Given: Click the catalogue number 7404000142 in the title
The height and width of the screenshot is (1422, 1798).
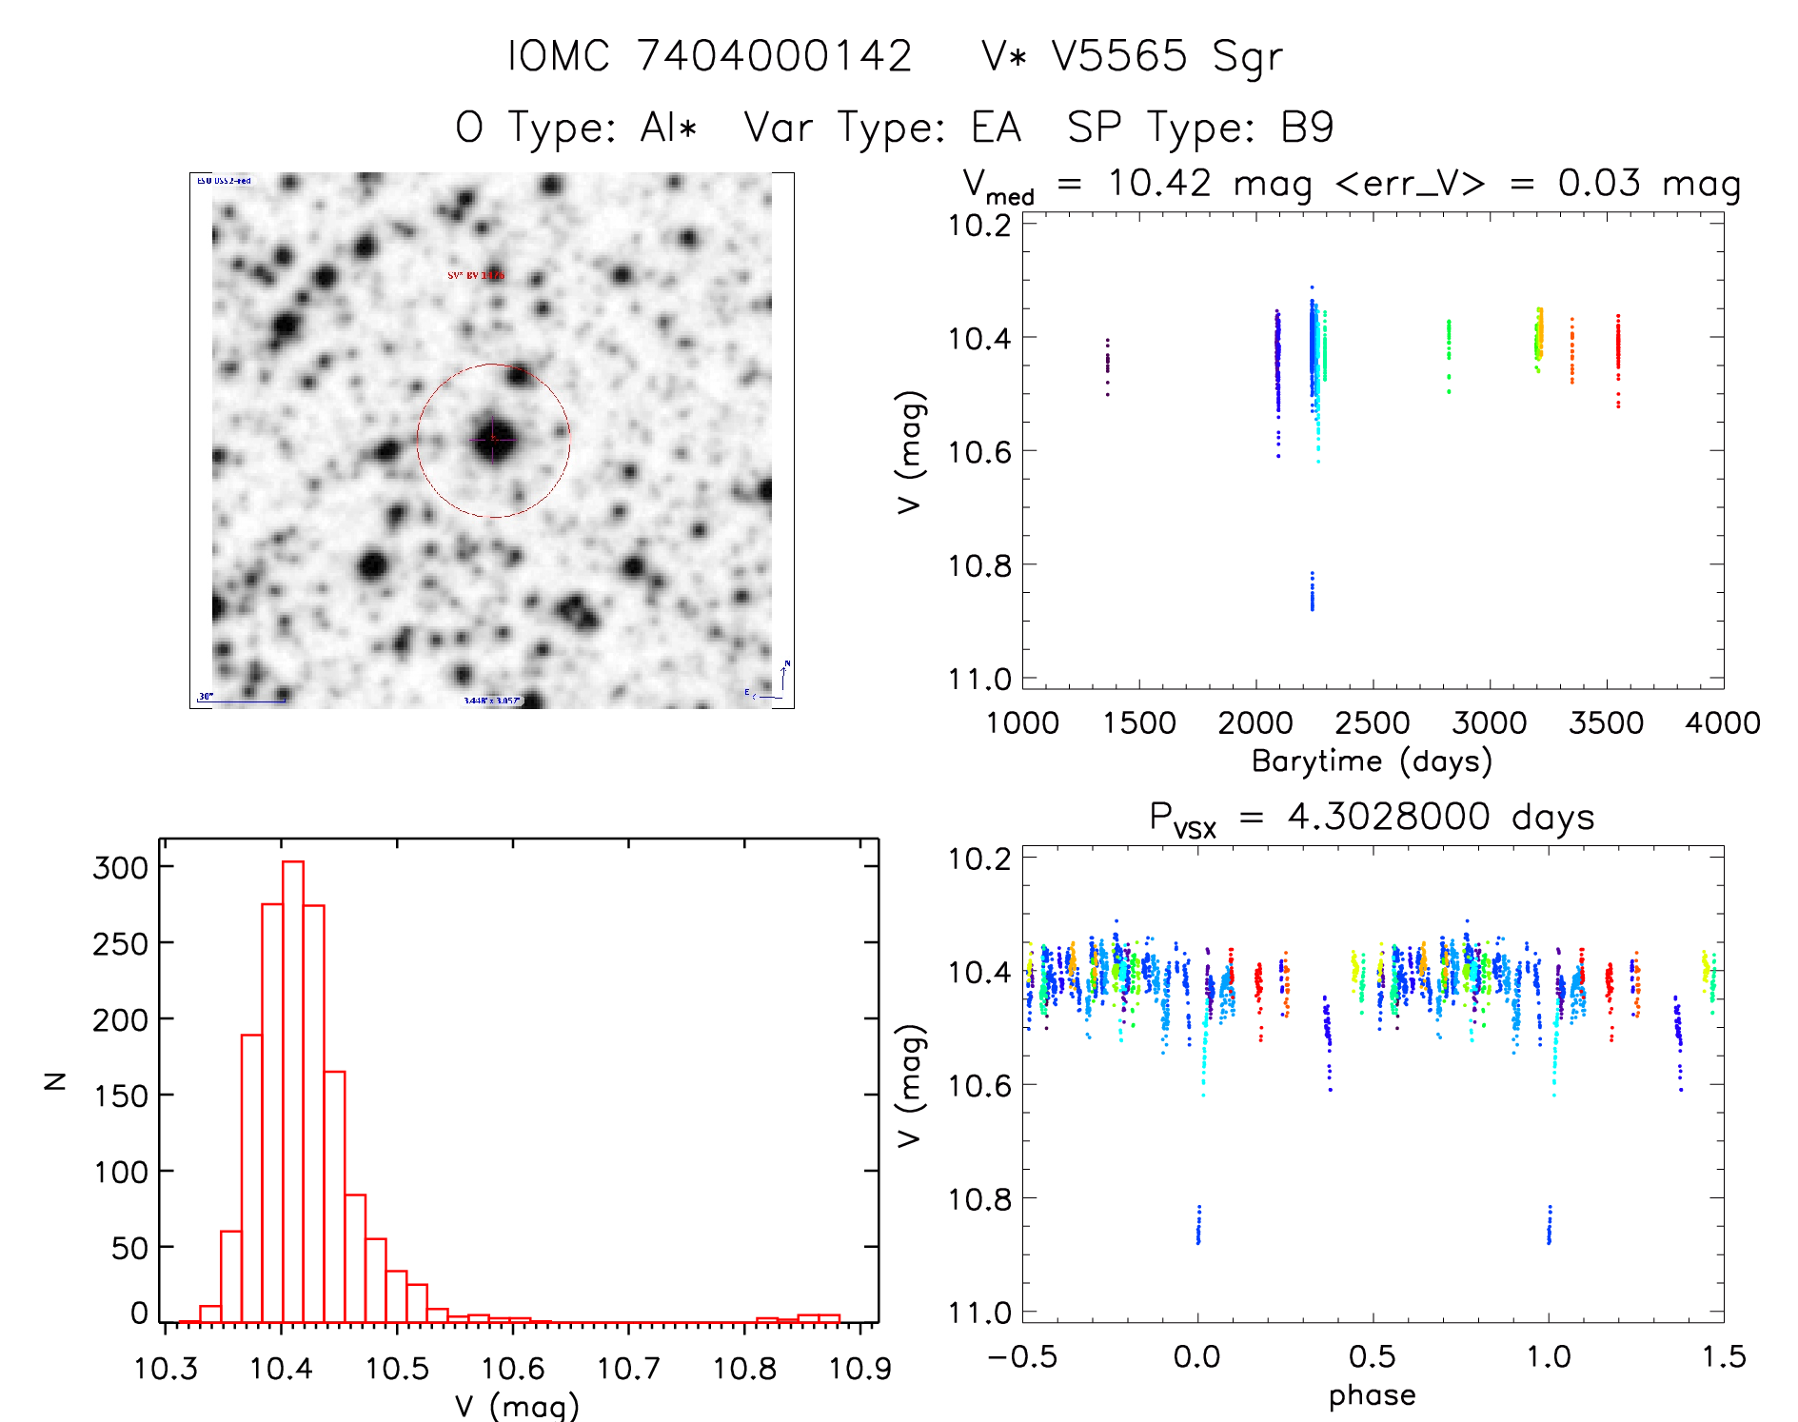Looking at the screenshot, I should [774, 56].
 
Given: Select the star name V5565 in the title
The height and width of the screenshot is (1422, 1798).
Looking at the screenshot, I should [1119, 56].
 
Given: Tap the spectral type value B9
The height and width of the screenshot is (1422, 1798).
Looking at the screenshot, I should [1307, 128].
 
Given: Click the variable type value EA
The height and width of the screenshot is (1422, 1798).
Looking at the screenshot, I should [996, 128].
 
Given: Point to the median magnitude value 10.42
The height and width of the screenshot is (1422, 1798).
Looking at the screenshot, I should [1159, 183].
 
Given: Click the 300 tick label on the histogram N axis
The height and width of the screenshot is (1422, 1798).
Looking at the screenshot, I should [121, 867].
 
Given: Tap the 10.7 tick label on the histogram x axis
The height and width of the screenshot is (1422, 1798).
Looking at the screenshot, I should [628, 1369].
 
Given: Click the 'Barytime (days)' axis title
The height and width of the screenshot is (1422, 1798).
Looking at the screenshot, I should [1372, 761].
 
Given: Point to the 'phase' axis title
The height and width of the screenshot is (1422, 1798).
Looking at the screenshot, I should [1372, 1395].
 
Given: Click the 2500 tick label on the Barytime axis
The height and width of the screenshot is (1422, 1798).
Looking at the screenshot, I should [1372, 723].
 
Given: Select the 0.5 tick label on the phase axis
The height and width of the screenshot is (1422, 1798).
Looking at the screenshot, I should [1372, 1356].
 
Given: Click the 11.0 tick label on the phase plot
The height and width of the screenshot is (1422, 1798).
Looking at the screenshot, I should [979, 1313].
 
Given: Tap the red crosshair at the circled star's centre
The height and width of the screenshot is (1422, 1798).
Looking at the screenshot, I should [493, 439].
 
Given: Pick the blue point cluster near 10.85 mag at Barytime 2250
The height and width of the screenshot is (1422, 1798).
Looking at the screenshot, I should [1312, 592].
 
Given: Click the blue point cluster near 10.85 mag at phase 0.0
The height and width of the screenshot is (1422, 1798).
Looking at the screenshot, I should [1198, 1226].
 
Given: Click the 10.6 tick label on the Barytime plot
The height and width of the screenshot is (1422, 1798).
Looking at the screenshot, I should [979, 452].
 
